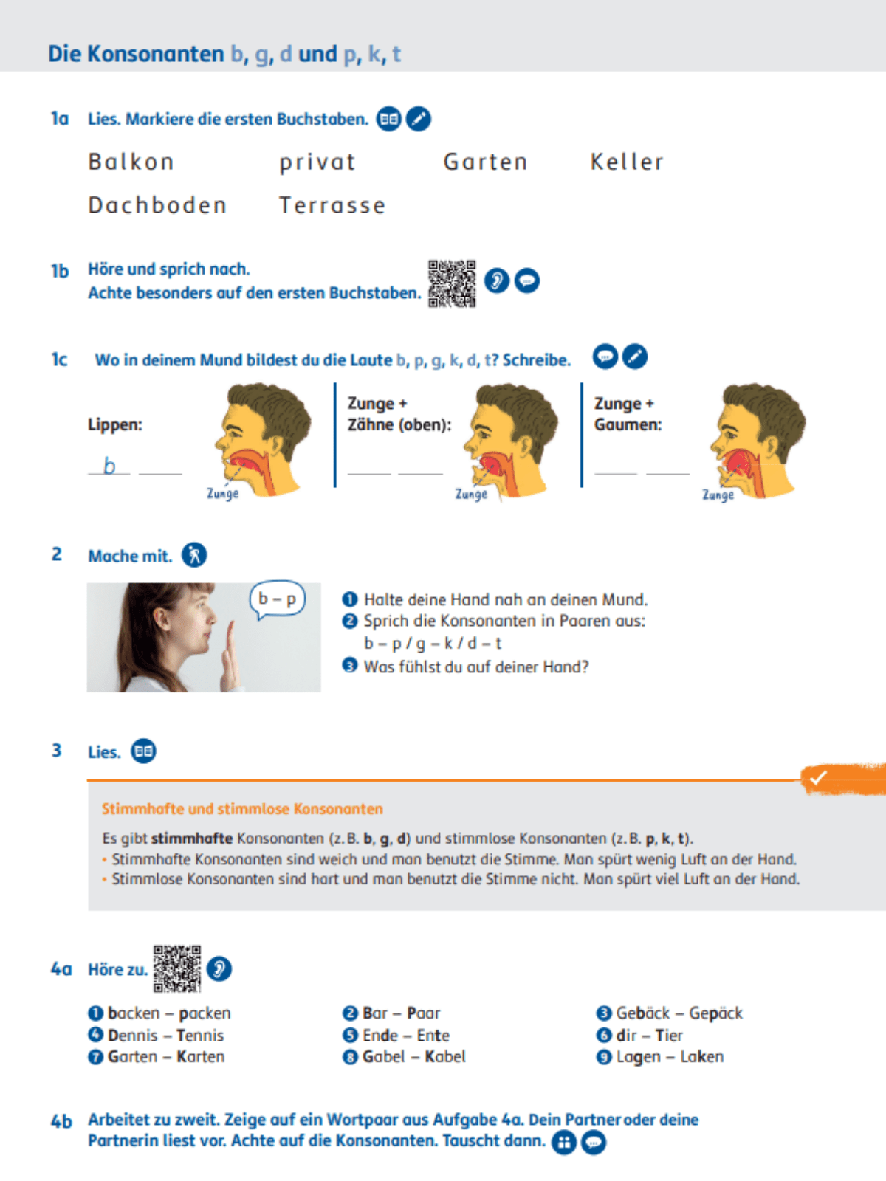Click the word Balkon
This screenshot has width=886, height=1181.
click(x=131, y=162)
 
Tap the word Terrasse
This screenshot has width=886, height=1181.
click(x=332, y=205)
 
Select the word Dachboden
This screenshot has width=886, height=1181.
click(x=157, y=205)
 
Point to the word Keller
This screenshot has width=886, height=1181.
click(x=627, y=162)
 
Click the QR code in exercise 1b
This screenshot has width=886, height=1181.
click(x=452, y=283)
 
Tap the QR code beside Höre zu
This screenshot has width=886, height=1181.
click(x=177, y=968)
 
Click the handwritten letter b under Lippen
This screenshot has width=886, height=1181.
click(x=109, y=466)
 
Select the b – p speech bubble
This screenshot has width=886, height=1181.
click(x=278, y=599)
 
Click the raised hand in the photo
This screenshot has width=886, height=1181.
click(x=232, y=654)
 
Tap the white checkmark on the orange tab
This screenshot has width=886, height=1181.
click(x=817, y=777)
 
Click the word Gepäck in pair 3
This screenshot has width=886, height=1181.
click(x=715, y=1013)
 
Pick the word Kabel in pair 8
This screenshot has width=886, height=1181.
click(x=444, y=1056)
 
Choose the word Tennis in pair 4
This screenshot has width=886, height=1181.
click(x=199, y=1035)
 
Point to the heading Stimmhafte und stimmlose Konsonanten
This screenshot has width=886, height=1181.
click(x=242, y=809)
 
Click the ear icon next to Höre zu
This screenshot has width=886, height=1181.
click(x=219, y=968)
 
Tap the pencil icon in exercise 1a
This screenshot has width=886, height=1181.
click(x=419, y=119)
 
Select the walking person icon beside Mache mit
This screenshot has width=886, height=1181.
click(x=194, y=555)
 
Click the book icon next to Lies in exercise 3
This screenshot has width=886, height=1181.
click(x=144, y=751)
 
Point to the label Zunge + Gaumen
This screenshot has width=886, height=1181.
click(x=628, y=414)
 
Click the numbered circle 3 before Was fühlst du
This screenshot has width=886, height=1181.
click(x=350, y=666)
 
